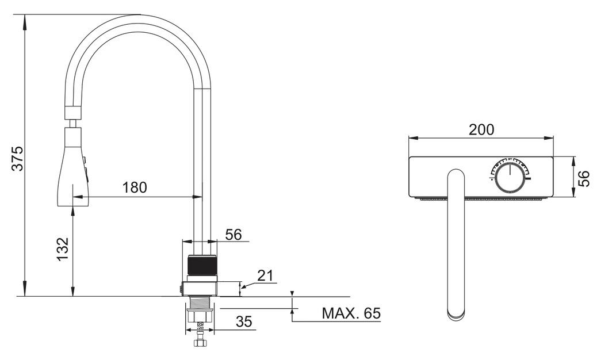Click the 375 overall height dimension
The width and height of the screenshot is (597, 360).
[17, 158]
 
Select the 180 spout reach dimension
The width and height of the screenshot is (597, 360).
[135, 187]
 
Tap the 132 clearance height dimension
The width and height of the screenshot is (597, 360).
[62, 249]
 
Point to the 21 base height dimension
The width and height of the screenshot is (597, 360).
[266, 275]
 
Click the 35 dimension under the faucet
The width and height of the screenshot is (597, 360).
[244, 321]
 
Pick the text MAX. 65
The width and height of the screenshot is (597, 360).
[351, 313]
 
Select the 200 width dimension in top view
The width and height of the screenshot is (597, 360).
[481, 130]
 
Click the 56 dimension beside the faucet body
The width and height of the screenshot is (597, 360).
[234, 235]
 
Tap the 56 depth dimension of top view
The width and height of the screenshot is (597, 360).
[583, 178]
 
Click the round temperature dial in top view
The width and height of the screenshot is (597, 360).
[511, 177]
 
